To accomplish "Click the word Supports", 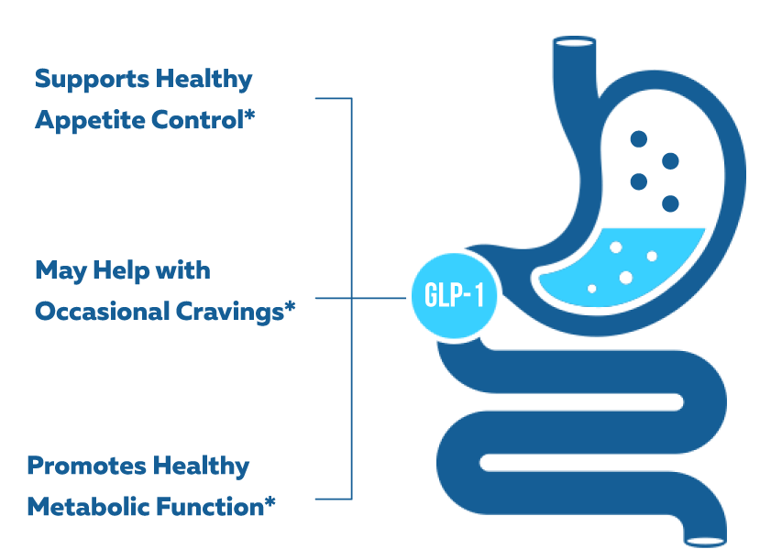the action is (92, 80).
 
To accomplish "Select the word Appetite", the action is (89, 121).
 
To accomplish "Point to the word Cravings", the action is (229, 313).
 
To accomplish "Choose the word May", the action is (61, 271).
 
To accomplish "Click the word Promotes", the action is (86, 467).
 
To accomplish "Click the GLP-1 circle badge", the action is (454, 296).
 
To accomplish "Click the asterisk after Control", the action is (249, 116).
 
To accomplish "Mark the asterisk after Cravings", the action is (290, 307).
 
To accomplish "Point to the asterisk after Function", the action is (270, 502).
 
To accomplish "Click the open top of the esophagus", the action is (574, 42).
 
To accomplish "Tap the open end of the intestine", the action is (706, 542).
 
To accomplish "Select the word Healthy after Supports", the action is (204, 80).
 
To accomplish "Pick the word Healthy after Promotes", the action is (201, 467).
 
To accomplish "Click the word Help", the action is (121, 271).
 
